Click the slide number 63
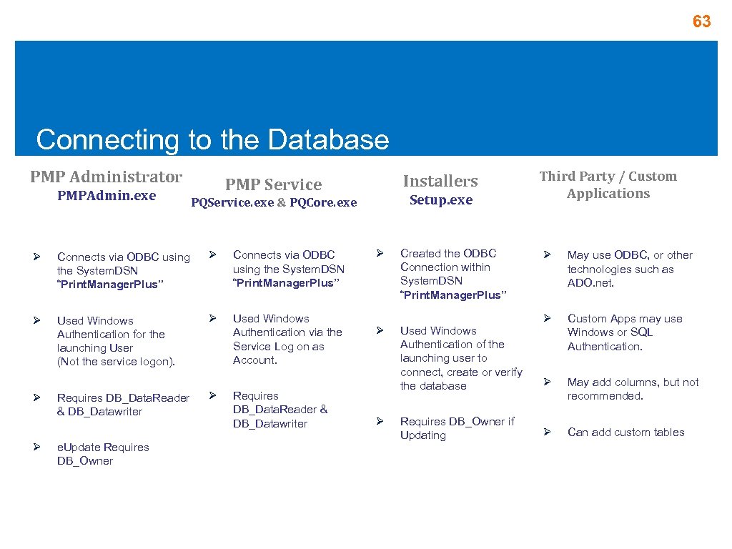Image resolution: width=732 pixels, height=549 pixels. (701, 22)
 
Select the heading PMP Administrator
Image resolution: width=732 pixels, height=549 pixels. (106, 177)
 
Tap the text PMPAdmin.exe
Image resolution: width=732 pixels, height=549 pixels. (107, 195)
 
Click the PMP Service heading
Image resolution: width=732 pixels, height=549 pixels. (274, 184)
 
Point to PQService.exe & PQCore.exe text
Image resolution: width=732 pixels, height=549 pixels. (274, 202)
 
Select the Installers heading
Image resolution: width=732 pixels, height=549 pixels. (440, 181)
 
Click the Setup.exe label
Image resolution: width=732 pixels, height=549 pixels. (440, 200)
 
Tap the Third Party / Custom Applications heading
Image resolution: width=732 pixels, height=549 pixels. (608, 184)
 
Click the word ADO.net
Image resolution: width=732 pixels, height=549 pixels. (590, 283)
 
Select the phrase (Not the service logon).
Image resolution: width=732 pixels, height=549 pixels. (116, 362)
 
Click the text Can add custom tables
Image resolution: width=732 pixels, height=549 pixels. (625, 432)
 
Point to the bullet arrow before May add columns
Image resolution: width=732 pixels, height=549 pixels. (547, 382)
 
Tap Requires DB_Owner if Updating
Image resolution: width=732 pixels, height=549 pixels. (457, 428)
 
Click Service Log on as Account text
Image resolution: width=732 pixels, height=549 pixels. (278, 353)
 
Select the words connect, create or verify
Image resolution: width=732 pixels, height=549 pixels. (460, 372)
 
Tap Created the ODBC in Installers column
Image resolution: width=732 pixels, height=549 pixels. (447, 253)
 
